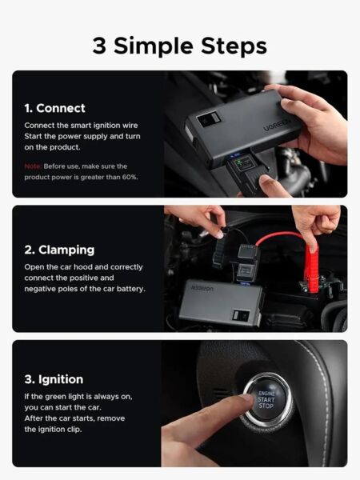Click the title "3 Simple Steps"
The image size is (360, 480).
coord(180,46)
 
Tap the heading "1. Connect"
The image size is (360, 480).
coord(54,108)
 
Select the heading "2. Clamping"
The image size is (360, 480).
coord(59,250)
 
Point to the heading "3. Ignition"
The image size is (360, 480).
coord(54,379)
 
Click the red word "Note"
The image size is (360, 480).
coord(33,166)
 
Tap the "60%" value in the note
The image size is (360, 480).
coord(130,177)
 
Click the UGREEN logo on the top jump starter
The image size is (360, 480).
coord(277,124)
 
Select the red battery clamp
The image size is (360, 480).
coord(312,269)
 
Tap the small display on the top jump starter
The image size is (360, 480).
coord(208,119)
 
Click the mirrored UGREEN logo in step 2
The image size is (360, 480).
coord(202,288)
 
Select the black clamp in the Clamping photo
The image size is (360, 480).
coord(219,253)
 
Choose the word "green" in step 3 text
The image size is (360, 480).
coord(58,397)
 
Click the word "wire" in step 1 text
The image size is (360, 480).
coord(130,126)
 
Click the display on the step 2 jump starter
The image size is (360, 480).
coord(242,315)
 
